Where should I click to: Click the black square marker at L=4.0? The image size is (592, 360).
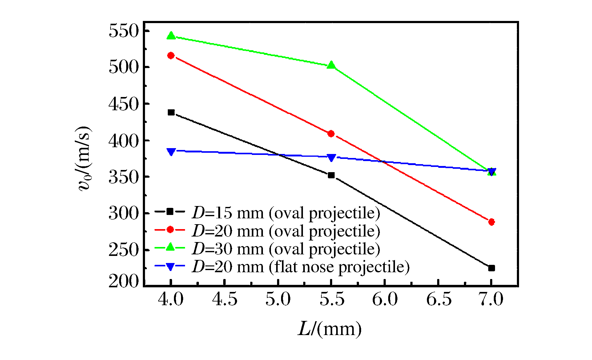tap(171, 112)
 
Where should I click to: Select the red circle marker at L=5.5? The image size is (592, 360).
tap(331, 134)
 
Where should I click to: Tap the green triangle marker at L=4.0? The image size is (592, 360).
tap(171, 36)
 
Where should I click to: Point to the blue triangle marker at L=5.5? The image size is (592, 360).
tap(331, 158)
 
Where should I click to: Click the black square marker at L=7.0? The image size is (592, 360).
tap(491, 268)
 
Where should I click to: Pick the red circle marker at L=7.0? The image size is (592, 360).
tap(491, 222)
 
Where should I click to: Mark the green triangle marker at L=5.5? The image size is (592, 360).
tap(331, 65)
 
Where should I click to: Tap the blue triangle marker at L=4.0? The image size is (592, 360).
tap(171, 152)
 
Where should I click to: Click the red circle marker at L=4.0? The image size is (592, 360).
tap(171, 55)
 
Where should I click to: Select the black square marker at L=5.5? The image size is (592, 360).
tap(331, 175)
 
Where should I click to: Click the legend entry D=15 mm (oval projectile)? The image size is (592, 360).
tap(286, 213)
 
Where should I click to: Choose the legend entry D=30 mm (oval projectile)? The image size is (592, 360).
tap(286, 249)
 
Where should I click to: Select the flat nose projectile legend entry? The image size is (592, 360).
tap(301, 267)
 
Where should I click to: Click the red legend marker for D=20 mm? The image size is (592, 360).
tap(170, 230)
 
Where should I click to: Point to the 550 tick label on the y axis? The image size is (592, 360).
tap(124, 31)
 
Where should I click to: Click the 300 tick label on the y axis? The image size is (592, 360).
tap(124, 213)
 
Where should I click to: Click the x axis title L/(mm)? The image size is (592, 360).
tap(330, 329)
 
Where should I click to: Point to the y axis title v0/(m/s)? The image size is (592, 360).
tap(84, 158)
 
